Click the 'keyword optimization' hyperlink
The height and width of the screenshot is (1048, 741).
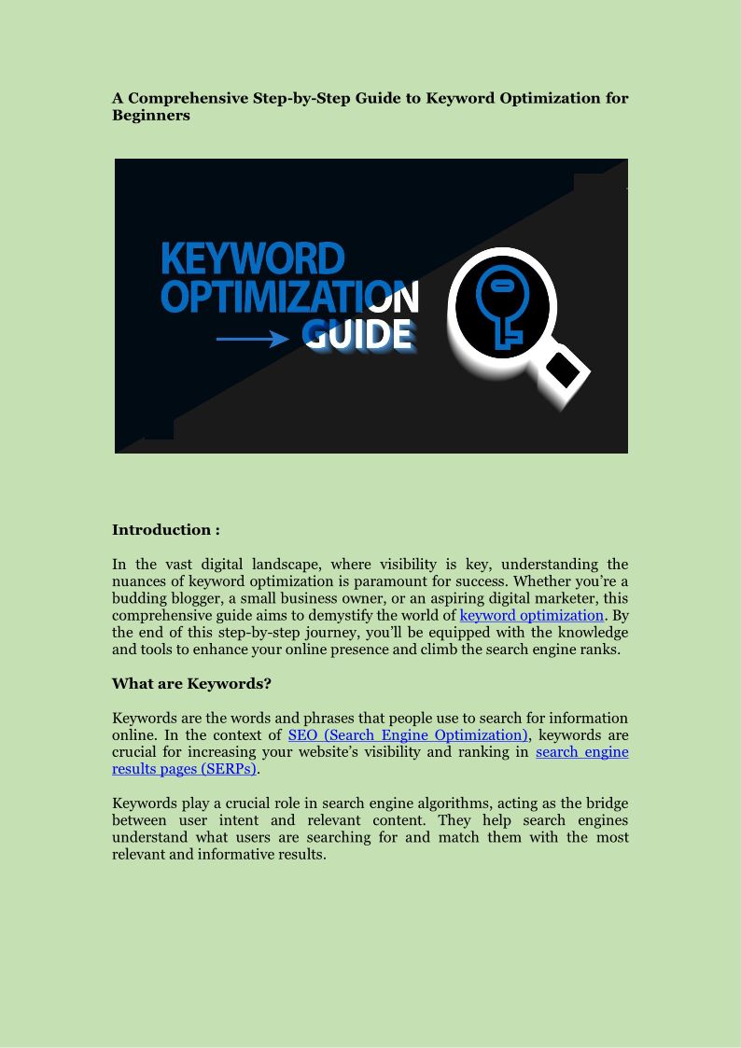[531, 615]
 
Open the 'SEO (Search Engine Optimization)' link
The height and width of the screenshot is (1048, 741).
[408, 734]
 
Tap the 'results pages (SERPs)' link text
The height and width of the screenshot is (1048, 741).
[184, 768]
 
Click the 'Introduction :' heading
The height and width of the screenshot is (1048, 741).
[165, 529]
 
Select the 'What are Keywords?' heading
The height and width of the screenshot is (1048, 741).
[191, 683]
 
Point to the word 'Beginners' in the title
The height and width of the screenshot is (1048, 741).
[151, 116]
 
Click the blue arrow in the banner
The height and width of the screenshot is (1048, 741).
[252, 338]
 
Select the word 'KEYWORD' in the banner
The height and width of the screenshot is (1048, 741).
[253, 259]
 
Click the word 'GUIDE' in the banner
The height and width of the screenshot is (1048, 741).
[358, 334]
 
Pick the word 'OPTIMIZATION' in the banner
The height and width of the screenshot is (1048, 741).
[289, 297]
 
